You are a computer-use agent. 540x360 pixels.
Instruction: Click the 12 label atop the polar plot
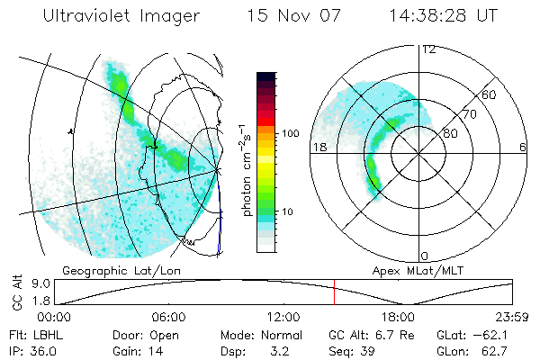coord(428,49)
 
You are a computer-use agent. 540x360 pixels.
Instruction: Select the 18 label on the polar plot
coord(318,147)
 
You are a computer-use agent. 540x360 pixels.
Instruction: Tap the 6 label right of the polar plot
coord(522,147)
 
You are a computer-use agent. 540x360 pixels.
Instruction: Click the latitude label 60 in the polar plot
coord(490,94)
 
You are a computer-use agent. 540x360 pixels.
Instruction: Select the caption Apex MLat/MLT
coord(409,270)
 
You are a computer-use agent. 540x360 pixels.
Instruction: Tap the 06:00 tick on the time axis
coord(168,317)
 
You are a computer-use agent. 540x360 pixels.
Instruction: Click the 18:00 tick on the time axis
coord(398,317)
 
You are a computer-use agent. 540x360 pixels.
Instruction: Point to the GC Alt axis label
coord(14,292)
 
